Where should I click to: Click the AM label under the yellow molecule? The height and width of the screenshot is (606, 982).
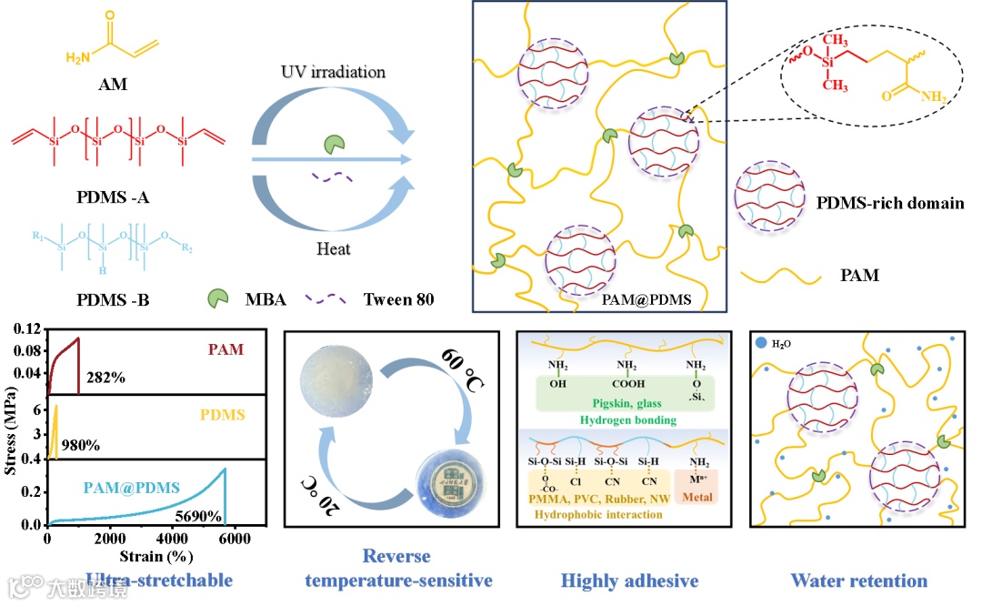tap(113, 86)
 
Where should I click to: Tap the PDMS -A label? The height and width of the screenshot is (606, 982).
tap(113, 194)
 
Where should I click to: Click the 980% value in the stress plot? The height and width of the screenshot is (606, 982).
tap(79, 445)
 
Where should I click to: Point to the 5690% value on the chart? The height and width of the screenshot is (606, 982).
tap(199, 516)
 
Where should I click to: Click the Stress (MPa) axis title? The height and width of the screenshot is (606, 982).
tap(13, 428)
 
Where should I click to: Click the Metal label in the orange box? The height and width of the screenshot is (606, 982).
tap(698, 499)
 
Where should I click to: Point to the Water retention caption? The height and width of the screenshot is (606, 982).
tap(859, 581)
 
